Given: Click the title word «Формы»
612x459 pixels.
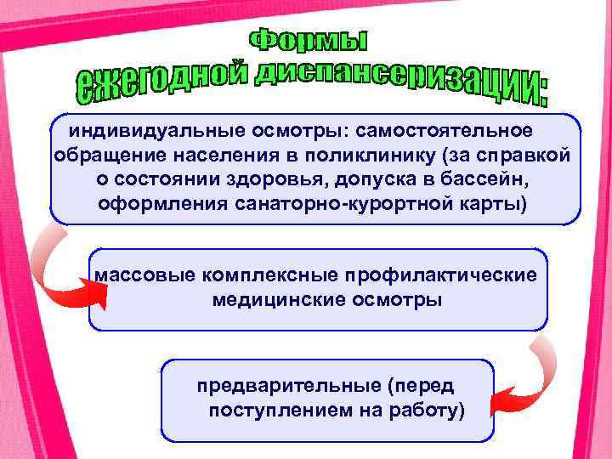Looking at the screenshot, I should [309, 41].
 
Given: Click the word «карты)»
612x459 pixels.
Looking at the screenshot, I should [488, 205].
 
